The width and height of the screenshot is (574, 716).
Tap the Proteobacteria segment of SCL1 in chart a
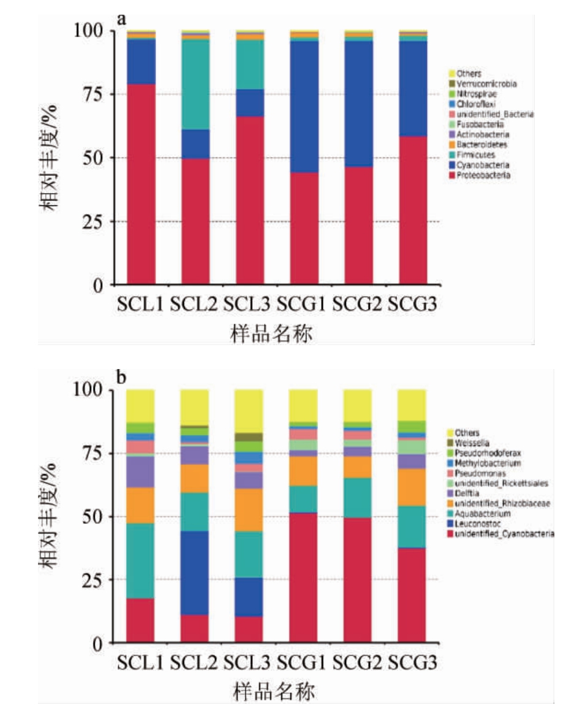coord(141,184)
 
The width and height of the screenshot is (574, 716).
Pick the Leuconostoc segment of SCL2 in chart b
coord(195,573)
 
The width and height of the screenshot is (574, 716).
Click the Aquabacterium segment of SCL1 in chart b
coord(141,560)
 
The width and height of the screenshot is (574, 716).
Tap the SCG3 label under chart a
coord(412,304)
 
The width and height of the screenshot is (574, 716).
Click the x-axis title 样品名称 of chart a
coord(273,334)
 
